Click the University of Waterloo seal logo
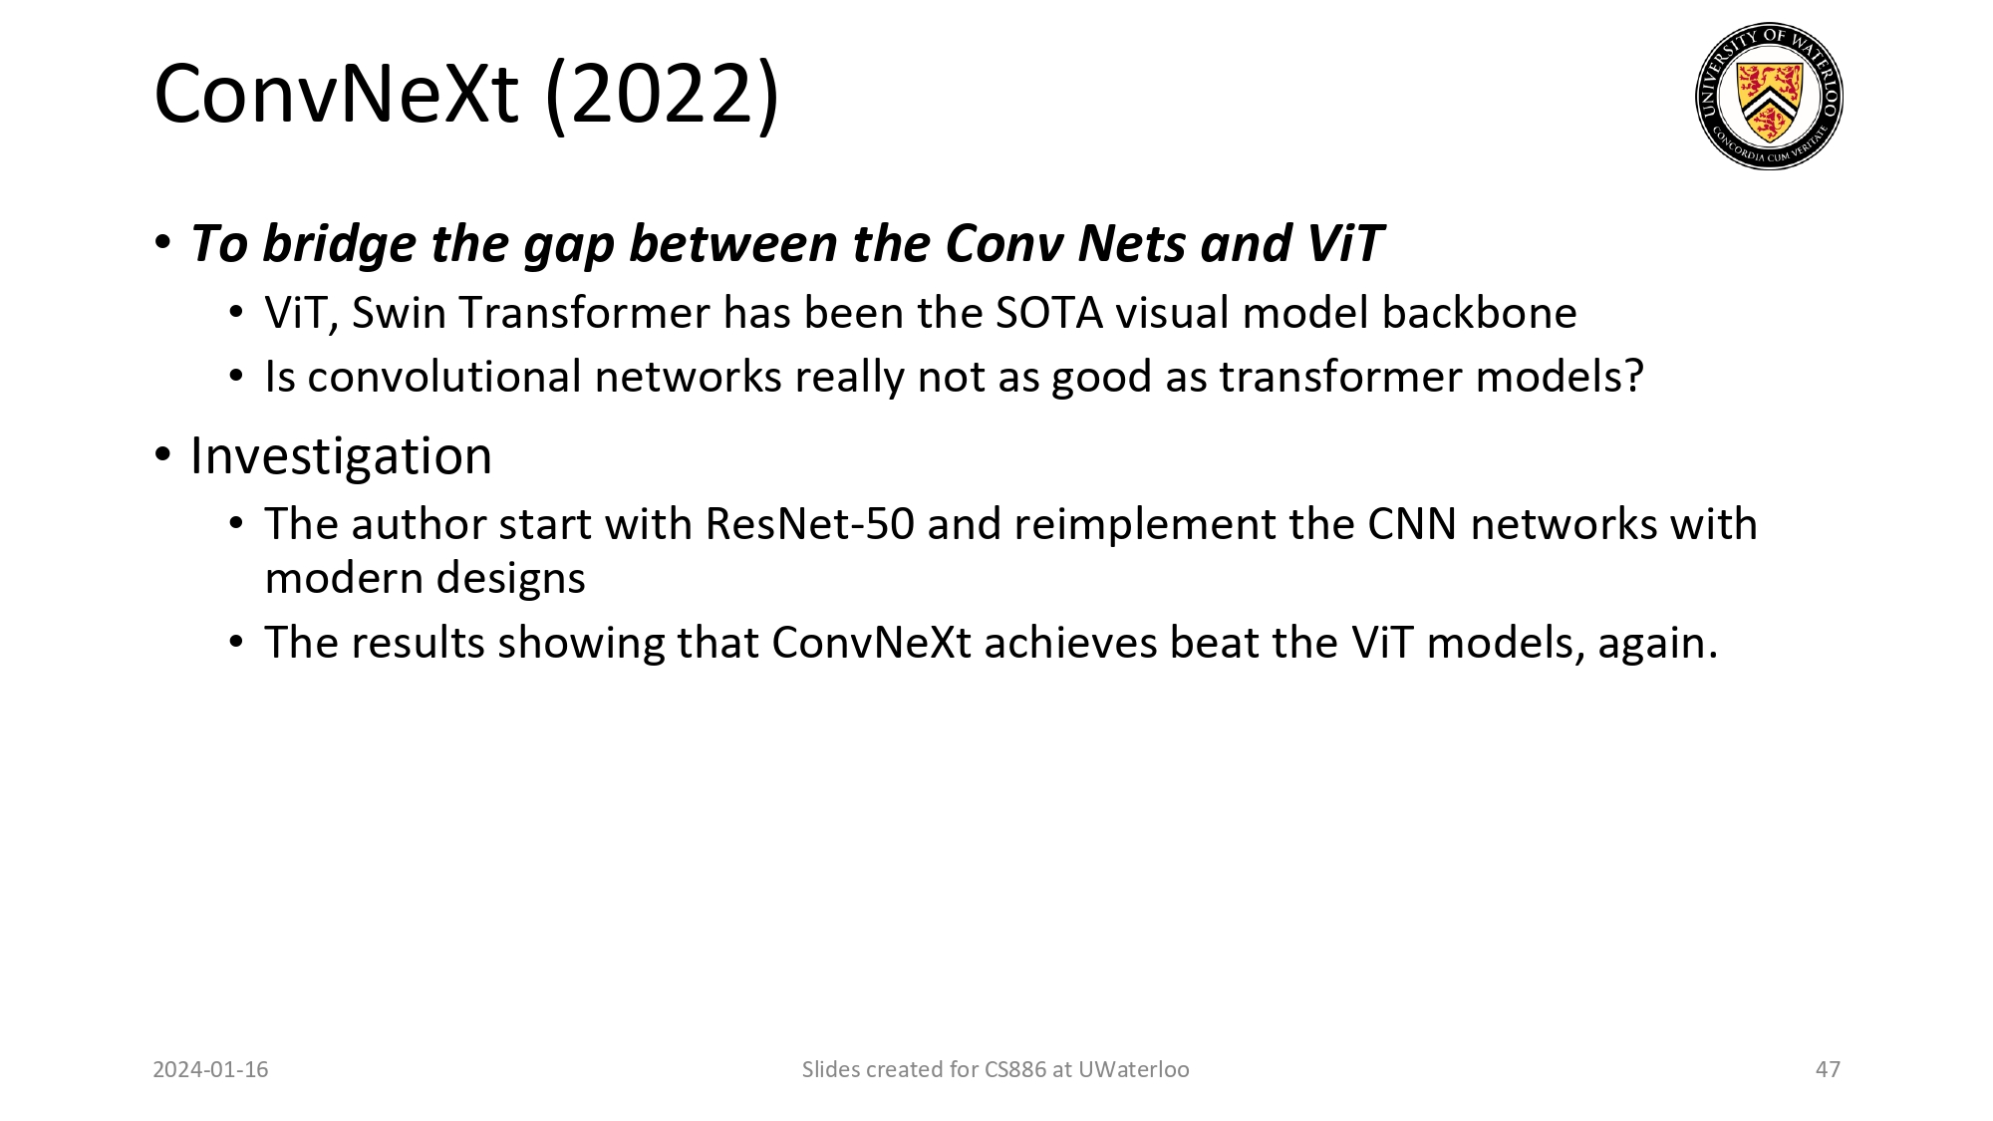pos(1769,96)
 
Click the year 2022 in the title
pos(664,94)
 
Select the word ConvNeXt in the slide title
pos(337,94)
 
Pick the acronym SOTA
pos(1048,313)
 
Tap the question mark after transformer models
pos(1632,377)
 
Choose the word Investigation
pos(341,457)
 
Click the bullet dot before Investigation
pos(163,456)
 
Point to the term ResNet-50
pos(809,524)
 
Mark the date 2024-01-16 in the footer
pos(210,1069)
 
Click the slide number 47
pos(1828,1069)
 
